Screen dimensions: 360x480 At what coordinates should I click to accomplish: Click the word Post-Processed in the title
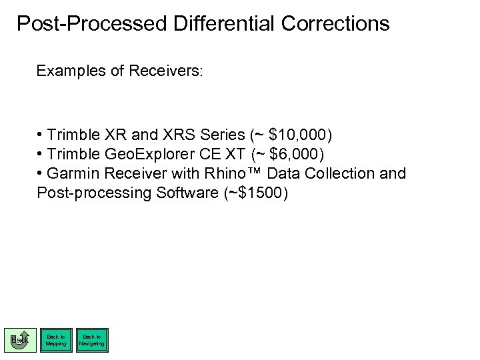(91, 24)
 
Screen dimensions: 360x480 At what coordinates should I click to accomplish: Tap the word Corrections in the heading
(335, 24)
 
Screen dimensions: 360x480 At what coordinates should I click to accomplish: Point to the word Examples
(69, 71)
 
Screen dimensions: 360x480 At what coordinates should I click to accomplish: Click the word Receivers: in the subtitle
(166, 71)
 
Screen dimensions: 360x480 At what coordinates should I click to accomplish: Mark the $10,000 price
(297, 135)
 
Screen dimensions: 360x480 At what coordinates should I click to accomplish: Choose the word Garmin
(71, 174)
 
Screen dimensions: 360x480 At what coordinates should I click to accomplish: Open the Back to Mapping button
(56, 340)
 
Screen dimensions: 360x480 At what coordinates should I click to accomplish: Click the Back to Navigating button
(91, 340)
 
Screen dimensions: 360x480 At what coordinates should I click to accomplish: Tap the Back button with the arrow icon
(20, 340)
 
